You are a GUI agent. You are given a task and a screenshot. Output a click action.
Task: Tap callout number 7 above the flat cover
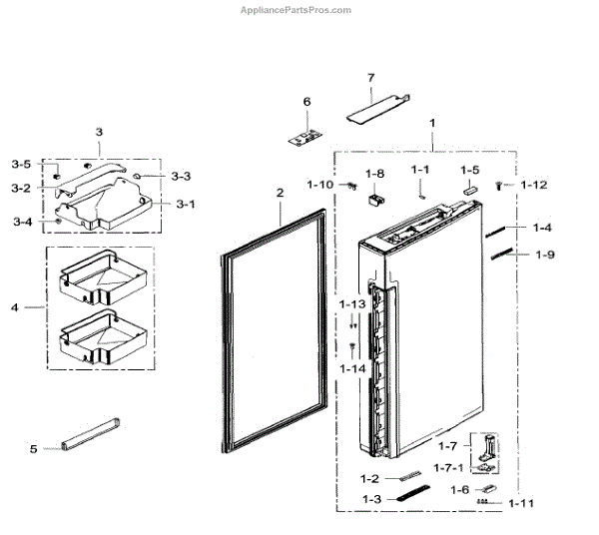[x=370, y=78]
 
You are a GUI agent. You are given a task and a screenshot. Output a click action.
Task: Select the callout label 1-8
[x=374, y=172]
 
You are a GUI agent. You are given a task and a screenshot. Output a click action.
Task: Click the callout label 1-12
[x=534, y=185]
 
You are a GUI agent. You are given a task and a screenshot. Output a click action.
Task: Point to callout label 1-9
[x=544, y=255]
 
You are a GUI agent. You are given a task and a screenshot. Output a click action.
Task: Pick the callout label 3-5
[x=21, y=164]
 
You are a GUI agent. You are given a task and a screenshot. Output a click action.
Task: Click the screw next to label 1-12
[x=501, y=185]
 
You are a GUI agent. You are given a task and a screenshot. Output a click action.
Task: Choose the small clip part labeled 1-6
[x=486, y=487]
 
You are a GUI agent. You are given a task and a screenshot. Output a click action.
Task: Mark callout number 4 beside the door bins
[x=15, y=307]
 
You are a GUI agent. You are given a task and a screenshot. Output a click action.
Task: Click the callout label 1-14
[x=352, y=368]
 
